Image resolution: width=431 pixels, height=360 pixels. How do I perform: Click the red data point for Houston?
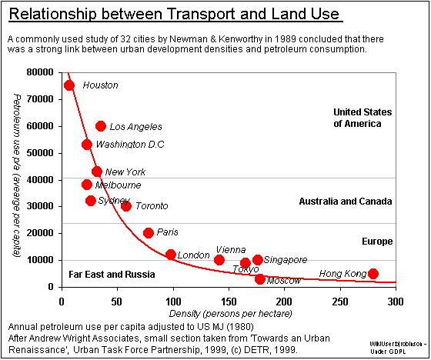tap(69, 85)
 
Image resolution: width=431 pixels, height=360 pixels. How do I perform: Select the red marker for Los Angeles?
tap(101, 126)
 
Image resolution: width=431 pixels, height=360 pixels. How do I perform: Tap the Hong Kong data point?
tap(373, 273)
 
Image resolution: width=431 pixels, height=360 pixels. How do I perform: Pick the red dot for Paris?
tap(149, 232)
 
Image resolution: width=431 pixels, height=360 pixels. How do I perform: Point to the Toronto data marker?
tap(126, 206)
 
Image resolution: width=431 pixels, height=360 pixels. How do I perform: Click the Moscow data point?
tap(260, 279)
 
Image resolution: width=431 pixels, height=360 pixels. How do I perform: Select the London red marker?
tap(171, 254)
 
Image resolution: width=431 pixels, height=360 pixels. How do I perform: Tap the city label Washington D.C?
tap(129, 144)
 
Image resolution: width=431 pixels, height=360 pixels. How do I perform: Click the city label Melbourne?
tap(118, 185)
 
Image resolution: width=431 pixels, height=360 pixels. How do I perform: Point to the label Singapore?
tap(286, 260)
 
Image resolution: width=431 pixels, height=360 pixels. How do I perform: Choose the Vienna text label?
tap(231, 250)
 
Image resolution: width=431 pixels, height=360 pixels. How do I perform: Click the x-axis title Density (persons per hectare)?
tap(229, 314)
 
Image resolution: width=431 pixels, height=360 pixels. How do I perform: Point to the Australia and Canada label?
tap(346, 201)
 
